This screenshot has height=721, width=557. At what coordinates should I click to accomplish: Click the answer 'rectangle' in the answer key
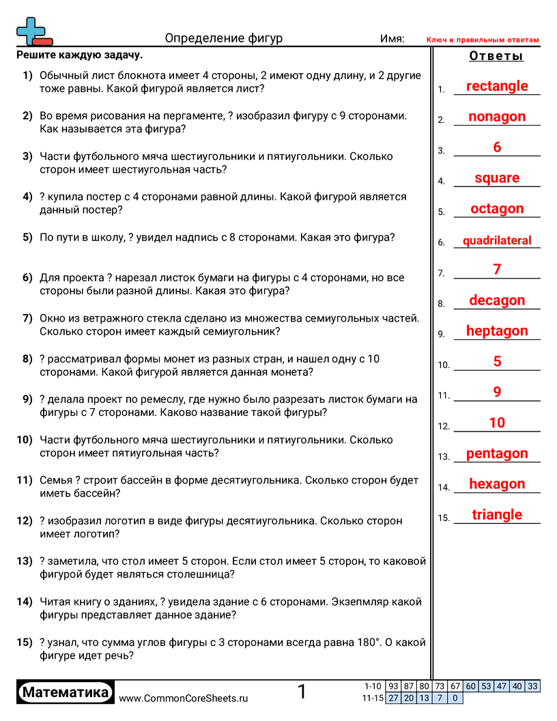click(x=496, y=86)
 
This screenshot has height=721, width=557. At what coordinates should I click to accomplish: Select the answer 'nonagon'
click(x=496, y=117)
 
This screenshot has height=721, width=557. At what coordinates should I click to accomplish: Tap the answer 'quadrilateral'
click(x=496, y=240)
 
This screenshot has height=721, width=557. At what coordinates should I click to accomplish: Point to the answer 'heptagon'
click(x=496, y=331)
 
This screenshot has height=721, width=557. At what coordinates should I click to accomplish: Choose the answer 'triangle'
click(x=496, y=515)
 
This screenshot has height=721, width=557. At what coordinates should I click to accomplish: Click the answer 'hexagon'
click(x=496, y=484)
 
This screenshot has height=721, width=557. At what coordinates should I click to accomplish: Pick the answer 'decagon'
click(x=496, y=300)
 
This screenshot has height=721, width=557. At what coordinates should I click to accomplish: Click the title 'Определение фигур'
click(x=224, y=38)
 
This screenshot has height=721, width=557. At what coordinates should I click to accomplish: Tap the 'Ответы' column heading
click(x=496, y=56)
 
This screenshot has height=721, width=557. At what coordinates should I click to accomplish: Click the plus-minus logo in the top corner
click(x=33, y=31)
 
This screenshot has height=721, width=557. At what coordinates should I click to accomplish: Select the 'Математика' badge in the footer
click(x=66, y=692)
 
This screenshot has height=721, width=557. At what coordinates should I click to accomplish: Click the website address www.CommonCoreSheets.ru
click(x=184, y=698)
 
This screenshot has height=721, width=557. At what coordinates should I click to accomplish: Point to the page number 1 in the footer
click(x=302, y=692)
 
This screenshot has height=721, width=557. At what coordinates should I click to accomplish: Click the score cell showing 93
click(x=393, y=686)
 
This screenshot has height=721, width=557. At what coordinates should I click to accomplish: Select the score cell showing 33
click(x=532, y=686)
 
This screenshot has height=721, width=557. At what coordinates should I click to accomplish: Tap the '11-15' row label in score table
click(x=373, y=698)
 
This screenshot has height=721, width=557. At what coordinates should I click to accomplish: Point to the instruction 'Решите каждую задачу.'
click(x=80, y=55)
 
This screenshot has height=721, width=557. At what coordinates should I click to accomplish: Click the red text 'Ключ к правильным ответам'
click(x=483, y=40)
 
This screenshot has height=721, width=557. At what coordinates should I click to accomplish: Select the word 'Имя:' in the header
click(x=392, y=39)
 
